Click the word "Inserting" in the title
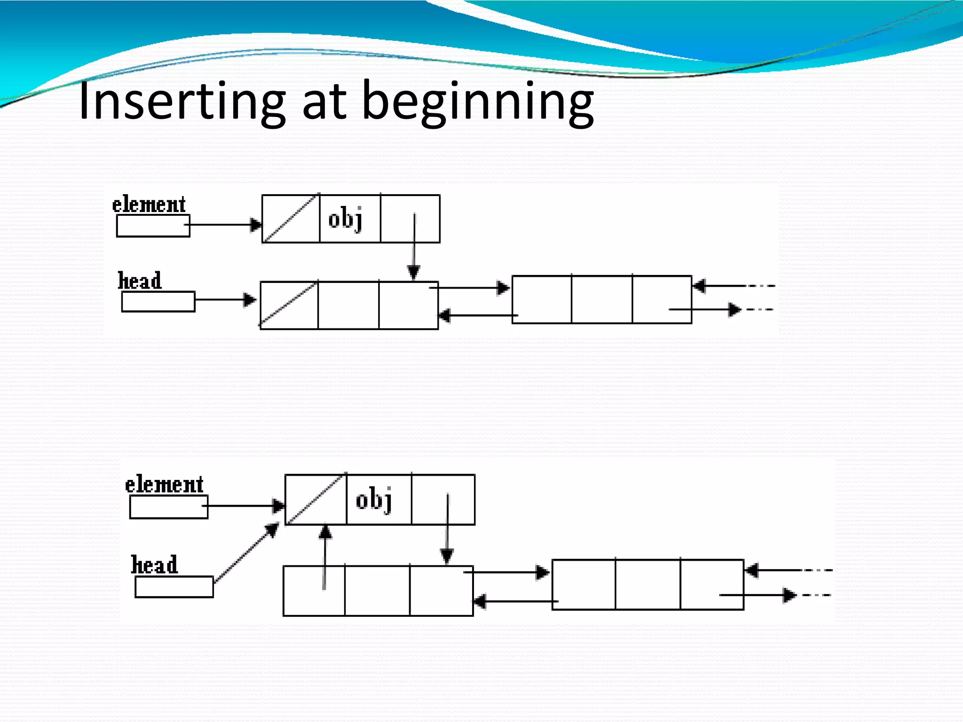coord(182,101)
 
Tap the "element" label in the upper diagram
coord(149,205)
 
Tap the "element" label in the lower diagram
coord(164,485)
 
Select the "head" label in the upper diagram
coord(140,281)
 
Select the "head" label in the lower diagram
coord(154,565)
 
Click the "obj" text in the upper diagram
coord(345,219)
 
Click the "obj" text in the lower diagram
coord(374,500)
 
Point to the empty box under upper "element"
coord(153,226)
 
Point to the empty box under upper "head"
coord(158,302)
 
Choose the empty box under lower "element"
coord(168,507)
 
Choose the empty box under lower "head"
coord(174,587)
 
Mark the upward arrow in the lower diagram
coord(324,557)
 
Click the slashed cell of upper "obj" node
coord(291,219)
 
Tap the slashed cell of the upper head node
coord(289,305)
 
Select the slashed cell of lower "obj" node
coord(316,500)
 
